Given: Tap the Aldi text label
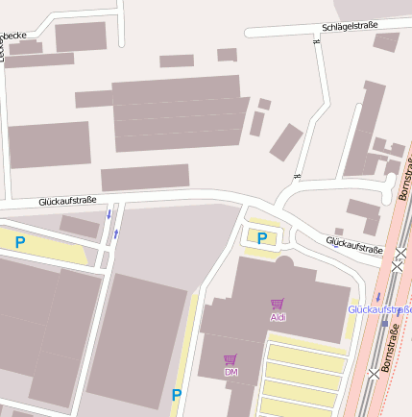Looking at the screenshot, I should (x=279, y=316).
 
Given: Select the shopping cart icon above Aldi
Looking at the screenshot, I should (x=278, y=304).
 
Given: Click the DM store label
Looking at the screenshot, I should (x=230, y=371).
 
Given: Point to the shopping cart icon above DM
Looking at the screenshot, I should (x=230, y=359).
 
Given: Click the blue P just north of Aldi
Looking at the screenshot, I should (x=261, y=238).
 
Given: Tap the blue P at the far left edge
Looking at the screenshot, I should (x=19, y=243).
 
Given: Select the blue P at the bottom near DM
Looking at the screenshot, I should (x=176, y=394).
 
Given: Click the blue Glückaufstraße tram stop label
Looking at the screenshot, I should (x=379, y=309).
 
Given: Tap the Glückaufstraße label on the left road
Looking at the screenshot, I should (x=67, y=201).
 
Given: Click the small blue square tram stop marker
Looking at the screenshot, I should (x=384, y=323).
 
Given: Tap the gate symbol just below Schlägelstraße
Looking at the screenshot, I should (x=316, y=41).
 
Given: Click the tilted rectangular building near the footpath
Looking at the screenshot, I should (x=286, y=142).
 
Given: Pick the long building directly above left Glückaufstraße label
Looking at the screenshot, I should (x=145, y=177).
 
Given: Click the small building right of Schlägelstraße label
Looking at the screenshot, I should (x=386, y=41).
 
